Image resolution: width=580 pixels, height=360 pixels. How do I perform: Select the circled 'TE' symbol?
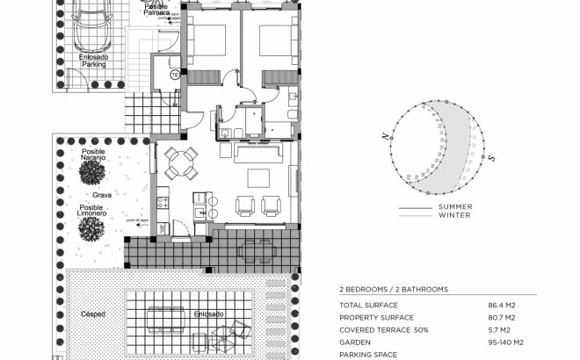(175, 76)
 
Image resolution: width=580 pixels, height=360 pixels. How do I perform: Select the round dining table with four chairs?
(181, 162)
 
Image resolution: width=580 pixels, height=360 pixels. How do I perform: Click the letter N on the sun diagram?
(385, 137)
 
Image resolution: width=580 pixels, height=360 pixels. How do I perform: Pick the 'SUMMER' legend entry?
(454, 208)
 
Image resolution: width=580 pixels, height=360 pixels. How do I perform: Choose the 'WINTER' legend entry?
(453, 215)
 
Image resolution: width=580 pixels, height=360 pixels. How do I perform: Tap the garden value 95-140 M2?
(506, 342)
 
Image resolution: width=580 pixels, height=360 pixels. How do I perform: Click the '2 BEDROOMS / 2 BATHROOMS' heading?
(394, 288)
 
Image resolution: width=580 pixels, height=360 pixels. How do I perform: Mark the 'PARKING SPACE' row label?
(368, 356)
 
